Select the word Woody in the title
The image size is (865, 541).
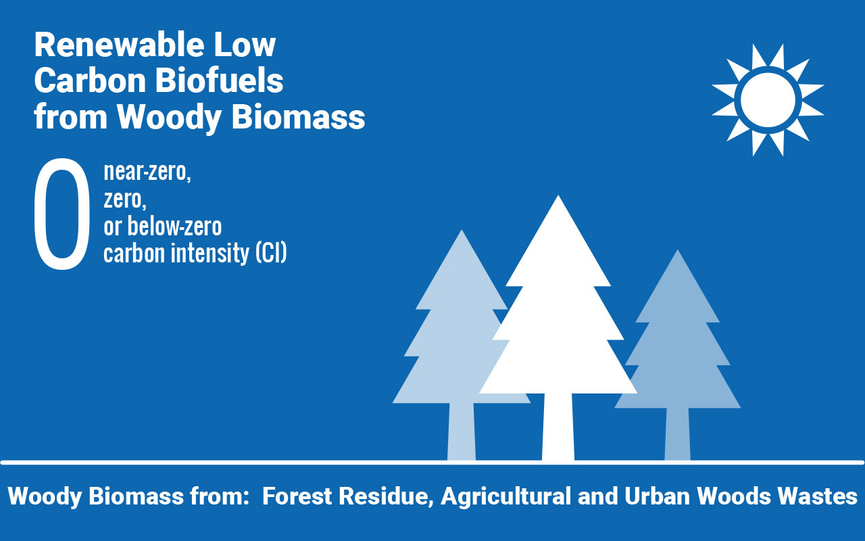coord(169,118)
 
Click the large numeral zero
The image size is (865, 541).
coord(62,214)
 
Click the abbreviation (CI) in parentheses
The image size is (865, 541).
coord(271,253)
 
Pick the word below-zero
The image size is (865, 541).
coord(174,226)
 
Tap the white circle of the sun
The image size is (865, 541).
coord(768,99)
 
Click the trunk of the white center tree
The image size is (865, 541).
coord(558,427)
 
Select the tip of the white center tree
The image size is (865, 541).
coord(558,196)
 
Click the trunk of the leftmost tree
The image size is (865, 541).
coord(462,431)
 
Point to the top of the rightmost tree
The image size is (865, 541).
coord(677,250)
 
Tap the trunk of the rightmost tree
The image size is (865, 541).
coord(677,434)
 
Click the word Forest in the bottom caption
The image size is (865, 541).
coord(297,496)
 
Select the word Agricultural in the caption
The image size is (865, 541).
coord(506,496)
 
